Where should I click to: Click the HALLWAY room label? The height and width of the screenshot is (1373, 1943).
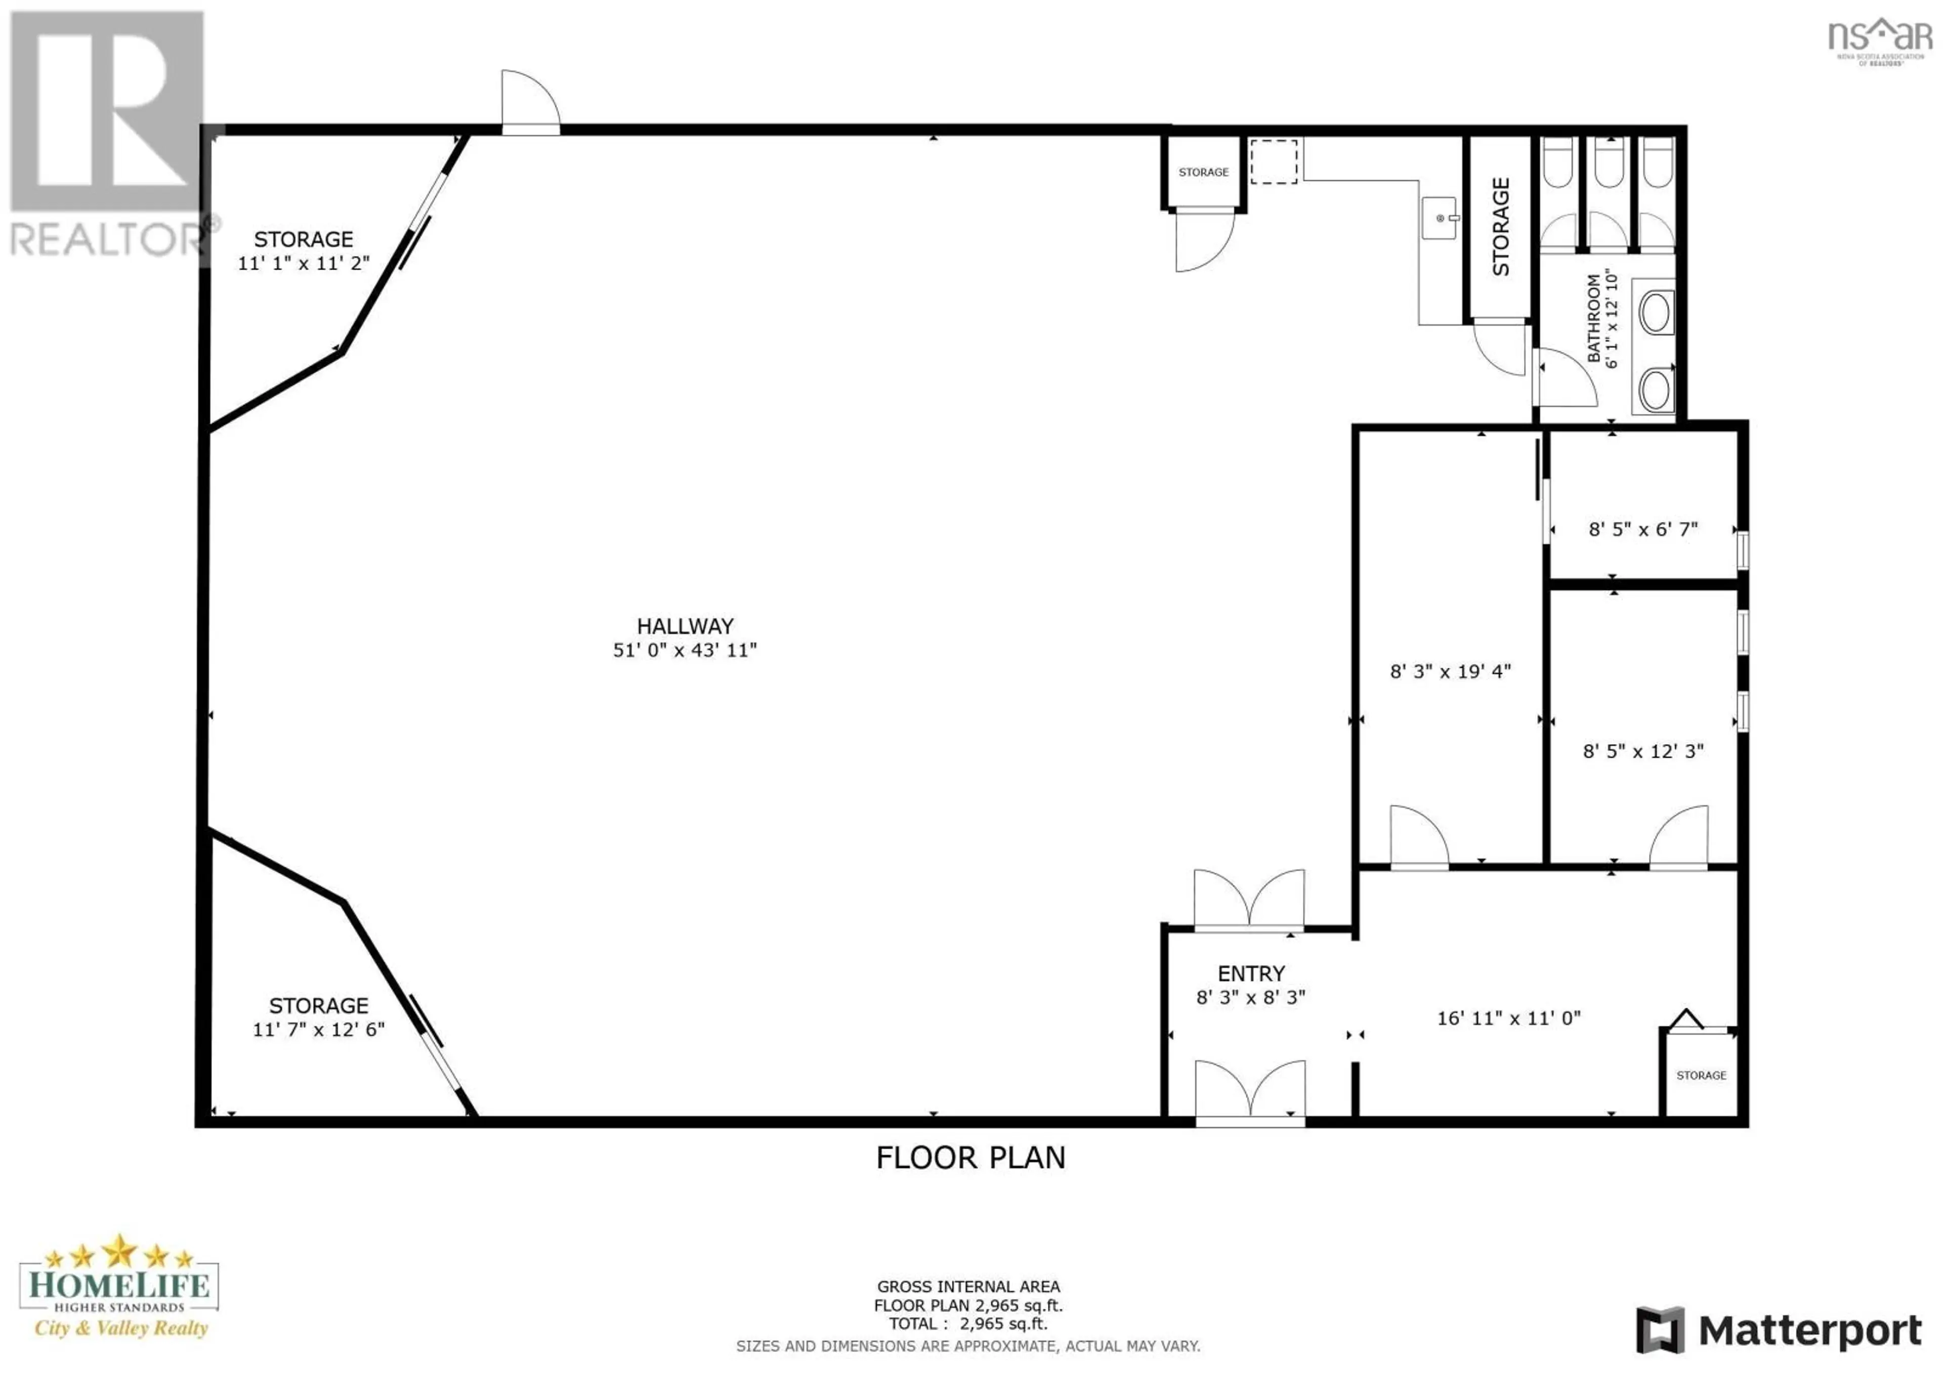point(685,626)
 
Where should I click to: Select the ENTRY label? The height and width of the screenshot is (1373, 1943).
point(1251,974)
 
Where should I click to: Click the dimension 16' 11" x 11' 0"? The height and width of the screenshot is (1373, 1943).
point(1508,1018)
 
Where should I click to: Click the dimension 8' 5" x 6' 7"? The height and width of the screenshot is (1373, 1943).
point(1642,530)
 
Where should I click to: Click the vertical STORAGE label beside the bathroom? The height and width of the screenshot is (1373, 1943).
point(1500,227)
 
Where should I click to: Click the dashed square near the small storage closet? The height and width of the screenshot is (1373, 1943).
point(1274,161)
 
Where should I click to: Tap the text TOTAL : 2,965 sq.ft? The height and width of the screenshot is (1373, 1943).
point(968,1323)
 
